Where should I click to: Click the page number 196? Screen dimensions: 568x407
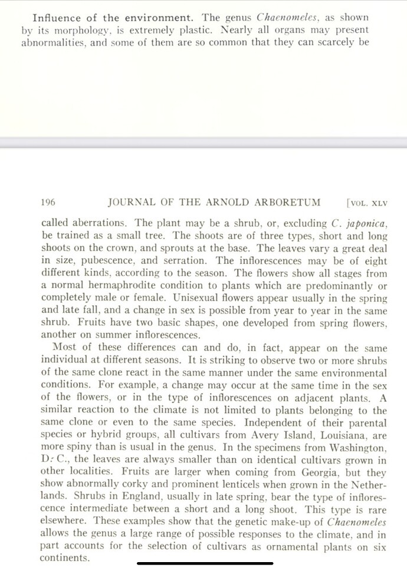(48, 202)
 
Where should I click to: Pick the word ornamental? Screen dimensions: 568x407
(273, 547)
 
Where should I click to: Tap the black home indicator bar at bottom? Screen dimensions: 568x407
(203, 563)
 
